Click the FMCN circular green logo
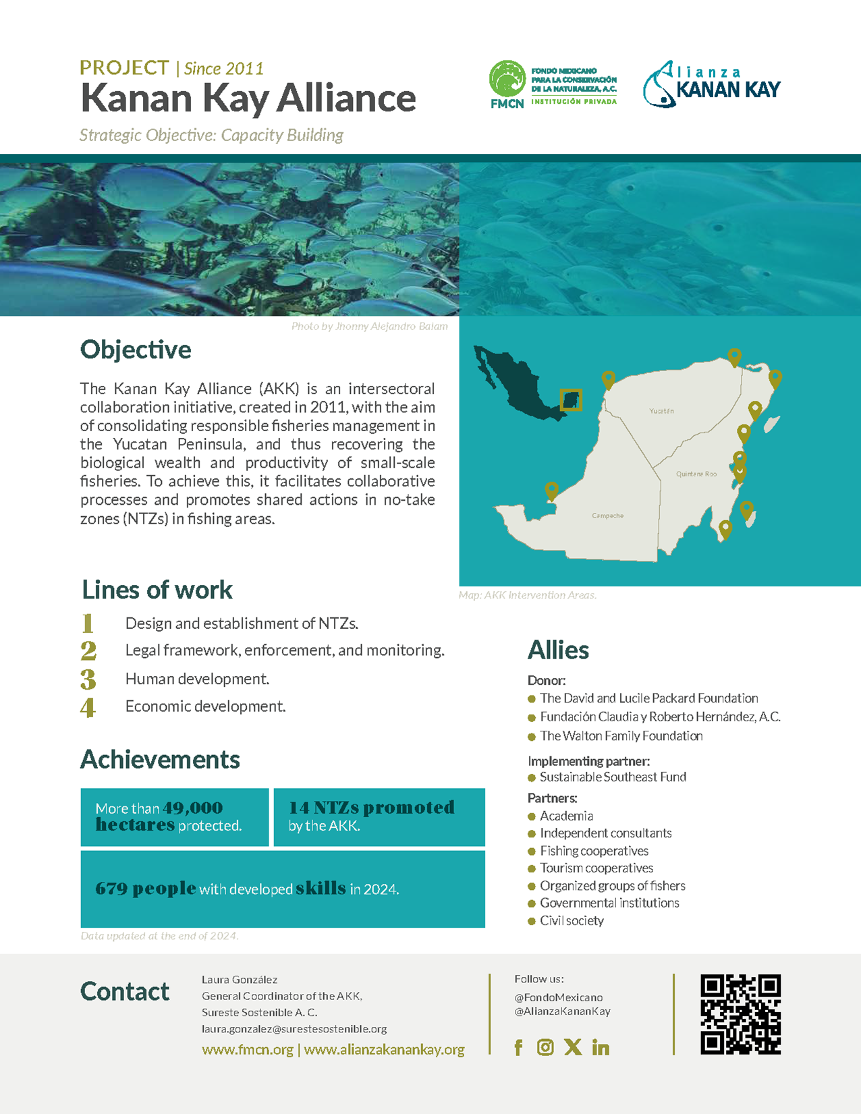(x=507, y=79)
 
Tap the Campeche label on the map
(x=607, y=516)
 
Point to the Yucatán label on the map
(x=661, y=411)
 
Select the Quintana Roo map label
(x=696, y=474)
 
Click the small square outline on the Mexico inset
(x=571, y=399)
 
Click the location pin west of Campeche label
(x=551, y=491)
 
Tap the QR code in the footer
(x=740, y=1014)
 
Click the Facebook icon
(x=518, y=1047)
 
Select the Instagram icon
(x=545, y=1047)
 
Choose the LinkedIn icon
(x=601, y=1047)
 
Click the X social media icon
(x=573, y=1047)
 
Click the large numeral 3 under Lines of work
(x=88, y=679)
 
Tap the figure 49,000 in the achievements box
(x=193, y=808)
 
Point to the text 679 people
(x=146, y=889)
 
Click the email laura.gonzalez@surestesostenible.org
(x=294, y=1029)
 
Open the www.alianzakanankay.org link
(x=384, y=1050)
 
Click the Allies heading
(x=558, y=650)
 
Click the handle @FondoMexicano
(x=559, y=997)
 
